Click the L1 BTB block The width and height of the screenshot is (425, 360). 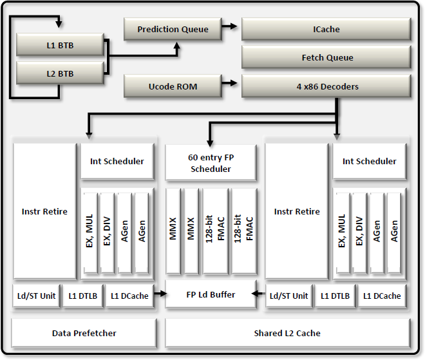pos(59,46)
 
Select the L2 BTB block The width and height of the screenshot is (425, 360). pos(59,73)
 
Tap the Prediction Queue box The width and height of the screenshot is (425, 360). pos(173,29)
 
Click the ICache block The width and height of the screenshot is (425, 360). pos(326,29)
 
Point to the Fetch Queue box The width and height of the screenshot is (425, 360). pos(326,57)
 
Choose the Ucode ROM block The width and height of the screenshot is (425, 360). pos(173,86)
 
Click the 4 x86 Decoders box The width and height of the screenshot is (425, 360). pos(326,86)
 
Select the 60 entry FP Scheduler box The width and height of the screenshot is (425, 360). pos(211,162)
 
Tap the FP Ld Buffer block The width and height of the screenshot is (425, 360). pos(211,295)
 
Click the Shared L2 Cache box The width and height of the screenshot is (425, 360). pos(287,333)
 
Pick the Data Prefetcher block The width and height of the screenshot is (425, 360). pos(84,333)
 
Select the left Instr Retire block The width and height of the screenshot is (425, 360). pos(44,211)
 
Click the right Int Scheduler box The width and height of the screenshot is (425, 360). pos(370,161)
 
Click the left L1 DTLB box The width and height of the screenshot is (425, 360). pos(83,296)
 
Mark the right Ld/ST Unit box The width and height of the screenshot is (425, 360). pos(288,296)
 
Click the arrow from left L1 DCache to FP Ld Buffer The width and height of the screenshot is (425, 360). pos(160,295)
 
